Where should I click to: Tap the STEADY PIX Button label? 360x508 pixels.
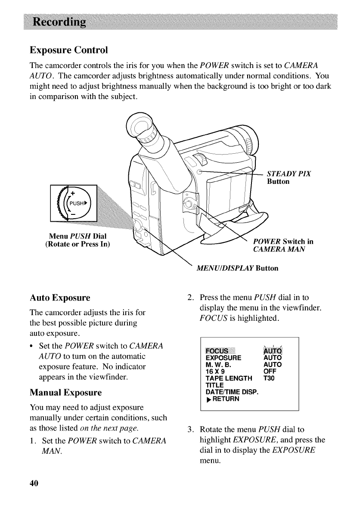pyautogui.click(x=289, y=177)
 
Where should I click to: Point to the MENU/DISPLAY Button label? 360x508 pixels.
pyautogui.click(x=237, y=268)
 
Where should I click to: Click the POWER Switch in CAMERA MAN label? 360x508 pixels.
pyautogui.click(x=283, y=245)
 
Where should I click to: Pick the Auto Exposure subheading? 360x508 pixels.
pyautogui.click(x=60, y=298)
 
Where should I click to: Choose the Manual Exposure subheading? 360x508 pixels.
pyautogui.click(x=65, y=393)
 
